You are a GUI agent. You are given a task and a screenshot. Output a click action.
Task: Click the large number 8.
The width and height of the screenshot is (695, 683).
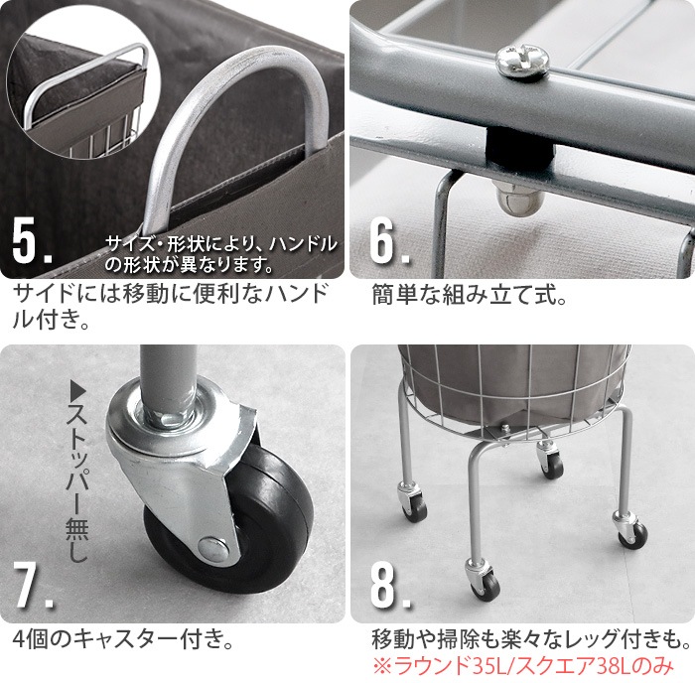(x=389, y=587)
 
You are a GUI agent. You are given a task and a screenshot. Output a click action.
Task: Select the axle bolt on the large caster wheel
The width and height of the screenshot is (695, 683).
(x=212, y=545)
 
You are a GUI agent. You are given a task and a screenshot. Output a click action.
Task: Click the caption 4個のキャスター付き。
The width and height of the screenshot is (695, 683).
(x=109, y=636)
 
